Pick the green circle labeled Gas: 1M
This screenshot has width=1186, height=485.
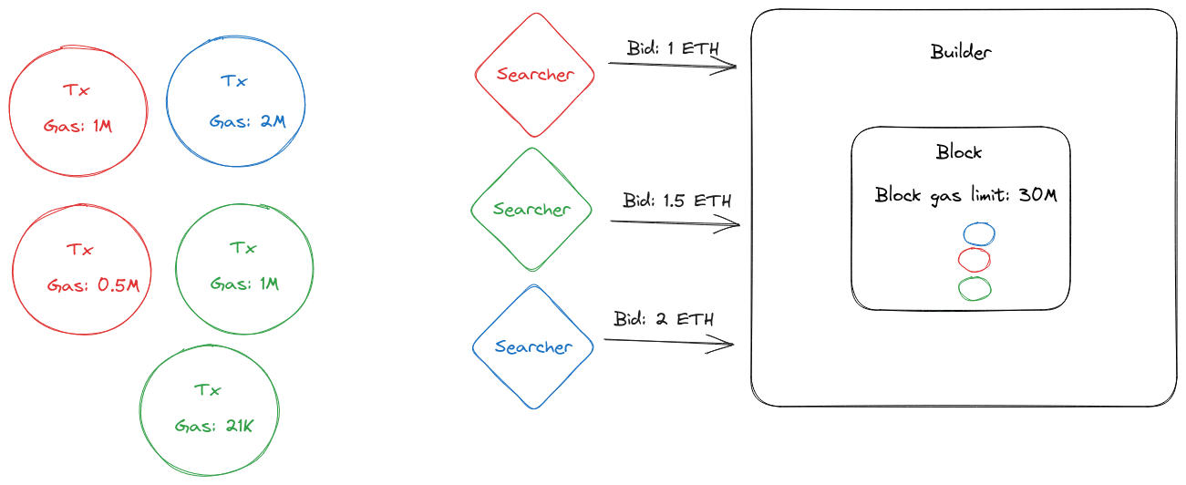pos(244,268)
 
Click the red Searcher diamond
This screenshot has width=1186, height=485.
pos(535,75)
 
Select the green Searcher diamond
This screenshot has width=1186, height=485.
pos(531,210)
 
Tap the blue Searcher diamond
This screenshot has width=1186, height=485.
pos(533,346)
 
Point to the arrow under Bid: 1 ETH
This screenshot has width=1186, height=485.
pos(672,65)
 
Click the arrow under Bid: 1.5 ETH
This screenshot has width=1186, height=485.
pos(675,222)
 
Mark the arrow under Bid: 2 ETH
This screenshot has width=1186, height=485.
pos(669,342)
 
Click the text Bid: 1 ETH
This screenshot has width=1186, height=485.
pos(679,47)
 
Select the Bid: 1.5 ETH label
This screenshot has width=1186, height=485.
pos(677,201)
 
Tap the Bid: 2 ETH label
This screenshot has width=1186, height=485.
pos(664,319)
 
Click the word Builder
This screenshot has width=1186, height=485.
pos(961,52)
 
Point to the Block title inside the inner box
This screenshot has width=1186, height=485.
pos(959,152)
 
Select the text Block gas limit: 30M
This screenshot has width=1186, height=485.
pos(965,194)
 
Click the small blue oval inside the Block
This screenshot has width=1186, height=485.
pos(978,234)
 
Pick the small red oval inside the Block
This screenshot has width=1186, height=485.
pos(975,261)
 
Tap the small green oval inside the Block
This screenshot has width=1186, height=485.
pos(975,289)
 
